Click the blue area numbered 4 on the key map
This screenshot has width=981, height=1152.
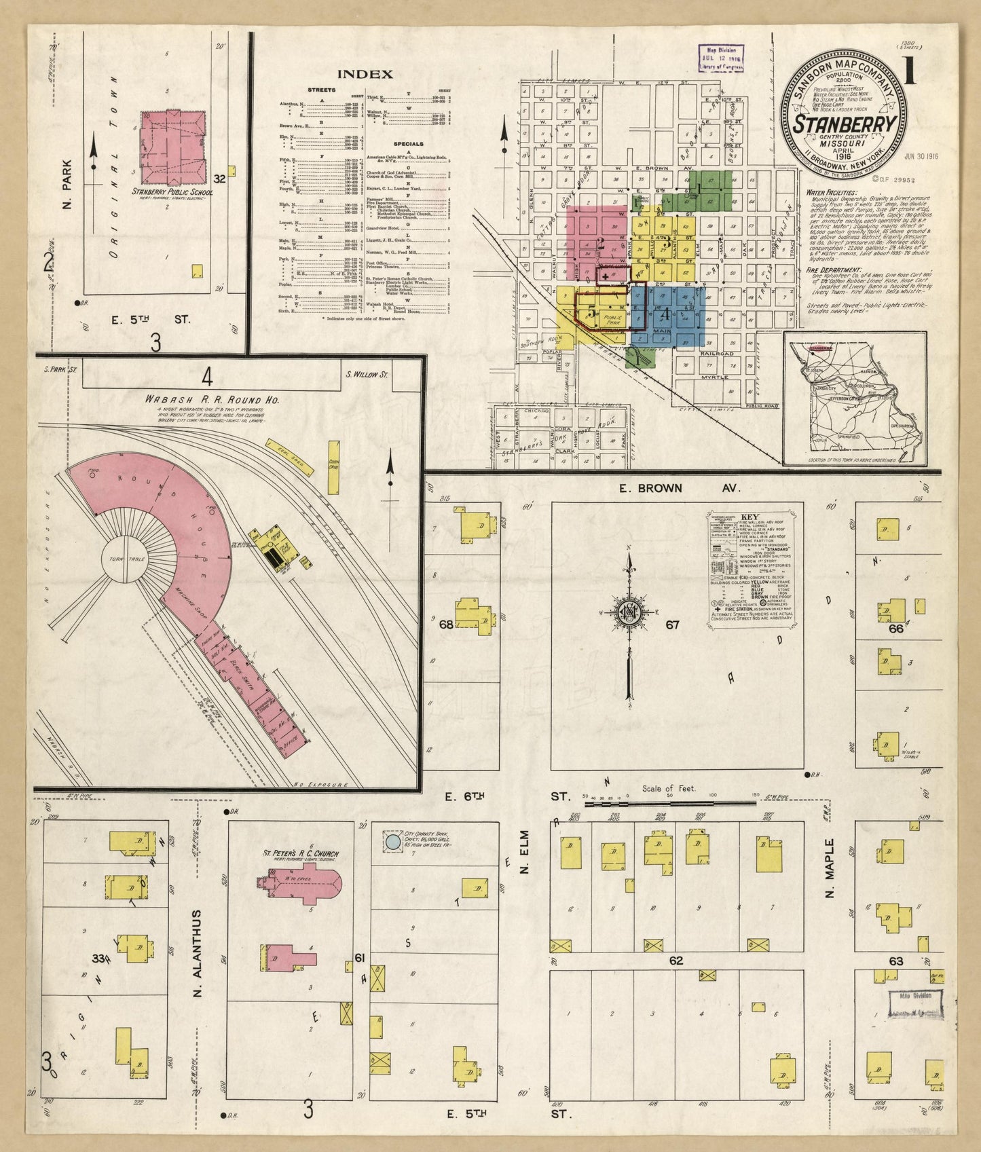(x=669, y=314)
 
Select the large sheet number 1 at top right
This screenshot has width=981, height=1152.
(x=910, y=71)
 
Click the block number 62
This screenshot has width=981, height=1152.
(x=675, y=961)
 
